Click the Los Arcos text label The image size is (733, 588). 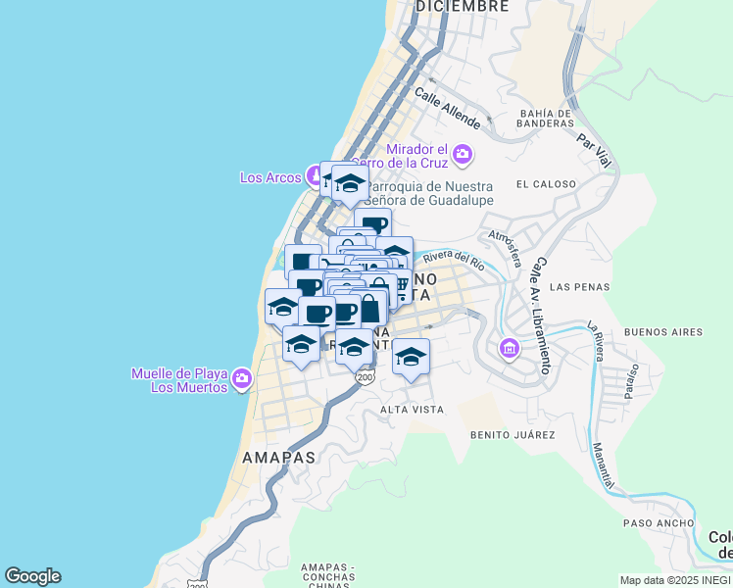click(x=270, y=177)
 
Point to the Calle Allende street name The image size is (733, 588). click(x=447, y=109)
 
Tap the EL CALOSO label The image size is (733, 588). click(x=542, y=184)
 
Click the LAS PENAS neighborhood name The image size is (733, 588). click(x=573, y=287)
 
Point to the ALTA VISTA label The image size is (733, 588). click(x=412, y=409)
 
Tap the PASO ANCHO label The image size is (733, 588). click(x=638, y=523)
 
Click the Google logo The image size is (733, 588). click(x=32, y=576)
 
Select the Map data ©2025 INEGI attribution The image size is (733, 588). click(x=675, y=580)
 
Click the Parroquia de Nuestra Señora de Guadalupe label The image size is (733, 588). click(x=429, y=193)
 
